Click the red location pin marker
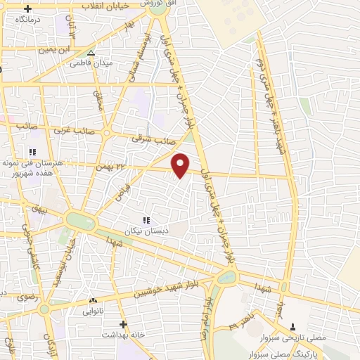(x=181, y=165)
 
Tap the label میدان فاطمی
(x=91, y=63)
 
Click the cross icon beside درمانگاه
(x=28, y=9)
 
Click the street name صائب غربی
(x=70, y=129)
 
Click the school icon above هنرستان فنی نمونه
(x=31, y=151)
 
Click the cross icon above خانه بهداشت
(x=123, y=324)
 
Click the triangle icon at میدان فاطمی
(x=91, y=53)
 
